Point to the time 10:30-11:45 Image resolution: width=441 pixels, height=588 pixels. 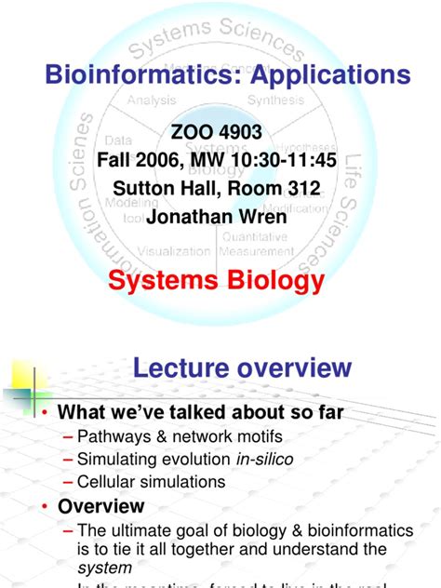point(286,161)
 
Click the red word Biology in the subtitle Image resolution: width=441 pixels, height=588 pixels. point(277,280)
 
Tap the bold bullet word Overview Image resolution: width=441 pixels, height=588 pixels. point(101,507)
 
